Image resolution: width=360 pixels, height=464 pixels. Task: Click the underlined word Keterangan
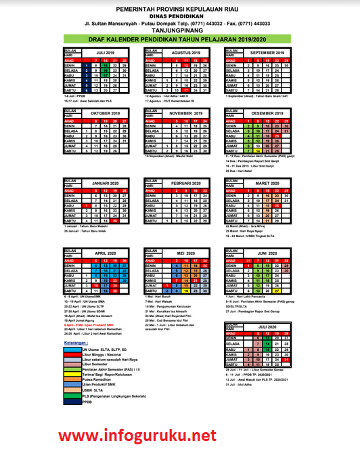(76, 343)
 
